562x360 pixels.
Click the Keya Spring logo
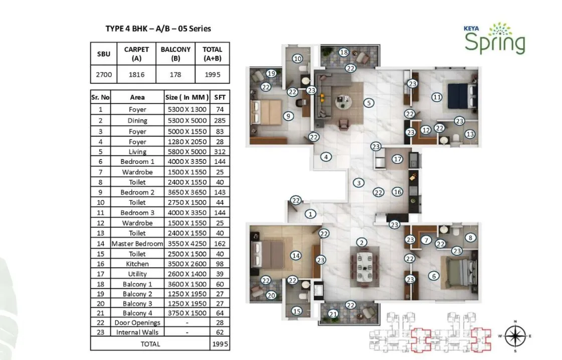tap(494, 38)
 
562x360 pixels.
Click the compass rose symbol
tap(515, 335)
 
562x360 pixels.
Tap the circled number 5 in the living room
tap(368, 103)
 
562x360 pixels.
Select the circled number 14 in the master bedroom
tap(296, 256)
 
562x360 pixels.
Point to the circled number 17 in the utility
tap(398, 159)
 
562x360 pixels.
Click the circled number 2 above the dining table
tap(361, 243)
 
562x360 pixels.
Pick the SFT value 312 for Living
tap(219, 151)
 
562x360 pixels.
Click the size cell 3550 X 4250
tap(186, 244)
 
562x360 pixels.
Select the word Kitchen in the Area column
tap(137, 264)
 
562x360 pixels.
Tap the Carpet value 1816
tap(136, 75)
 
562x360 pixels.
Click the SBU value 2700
tap(104, 75)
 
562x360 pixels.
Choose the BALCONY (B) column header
tap(175, 54)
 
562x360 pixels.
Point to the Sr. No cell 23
tap(100, 332)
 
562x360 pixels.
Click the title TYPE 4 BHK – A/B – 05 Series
tap(158, 29)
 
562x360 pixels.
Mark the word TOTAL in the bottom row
tap(150, 344)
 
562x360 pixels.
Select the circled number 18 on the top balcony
tap(343, 52)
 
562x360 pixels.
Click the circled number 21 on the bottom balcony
tap(333, 314)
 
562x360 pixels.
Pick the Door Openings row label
tap(137, 322)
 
